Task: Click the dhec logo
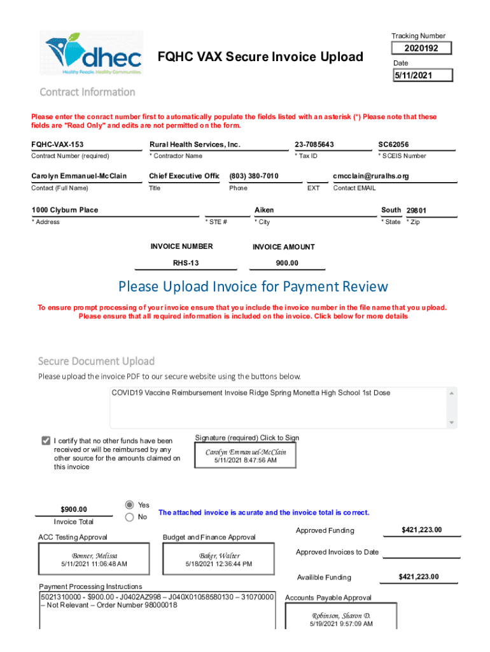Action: click(94, 53)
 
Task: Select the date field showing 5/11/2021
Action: click(423, 75)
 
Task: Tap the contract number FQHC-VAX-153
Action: click(57, 145)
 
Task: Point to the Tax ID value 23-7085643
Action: click(314, 145)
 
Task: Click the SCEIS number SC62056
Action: click(393, 145)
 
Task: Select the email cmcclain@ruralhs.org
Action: click(370, 176)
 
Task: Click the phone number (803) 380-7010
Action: click(254, 176)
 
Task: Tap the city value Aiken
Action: click(264, 209)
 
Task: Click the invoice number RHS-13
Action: click(186, 262)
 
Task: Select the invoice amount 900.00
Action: click(287, 262)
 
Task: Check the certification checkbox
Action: click(46, 441)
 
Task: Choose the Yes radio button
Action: click(130, 504)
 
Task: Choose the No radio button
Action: click(130, 517)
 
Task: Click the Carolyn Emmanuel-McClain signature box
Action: click(246, 455)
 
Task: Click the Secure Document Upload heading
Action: click(96, 362)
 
